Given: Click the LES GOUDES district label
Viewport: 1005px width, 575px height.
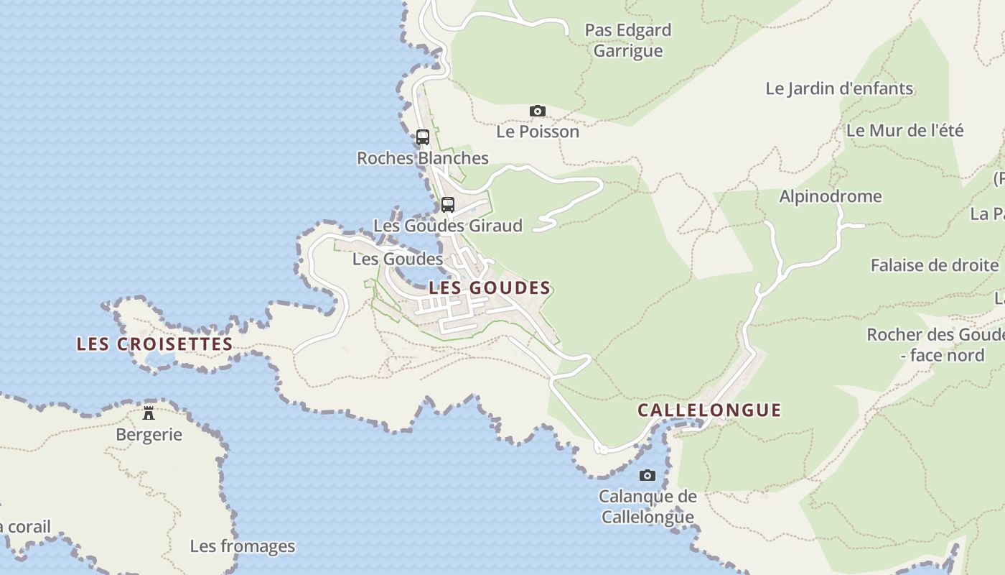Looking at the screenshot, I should [x=490, y=288].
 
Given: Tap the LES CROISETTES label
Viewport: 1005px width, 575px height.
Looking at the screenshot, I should [x=154, y=344].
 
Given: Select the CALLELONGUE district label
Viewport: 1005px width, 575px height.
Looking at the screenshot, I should [x=709, y=410].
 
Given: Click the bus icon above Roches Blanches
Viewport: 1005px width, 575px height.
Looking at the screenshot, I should [x=423, y=137].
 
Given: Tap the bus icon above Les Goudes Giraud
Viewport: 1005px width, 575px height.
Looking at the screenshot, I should [x=448, y=204].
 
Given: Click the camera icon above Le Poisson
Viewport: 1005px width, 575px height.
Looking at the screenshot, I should [x=537, y=111].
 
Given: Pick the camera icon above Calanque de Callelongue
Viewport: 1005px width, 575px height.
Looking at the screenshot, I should [x=648, y=475].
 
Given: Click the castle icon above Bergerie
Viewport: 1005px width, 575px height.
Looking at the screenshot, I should [x=149, y=413].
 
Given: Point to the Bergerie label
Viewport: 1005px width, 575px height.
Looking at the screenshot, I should [x=149, y=435].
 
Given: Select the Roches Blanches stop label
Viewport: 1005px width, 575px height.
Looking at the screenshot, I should [x=423, y=158].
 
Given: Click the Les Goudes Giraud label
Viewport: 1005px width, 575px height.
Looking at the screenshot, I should [x=448, y=226].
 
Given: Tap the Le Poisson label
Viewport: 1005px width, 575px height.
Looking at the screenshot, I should [x=538, y=132].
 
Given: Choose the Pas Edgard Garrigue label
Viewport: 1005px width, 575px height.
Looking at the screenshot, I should [x=628, y=40].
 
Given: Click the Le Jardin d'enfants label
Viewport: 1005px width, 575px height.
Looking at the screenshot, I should [x=839, y=88].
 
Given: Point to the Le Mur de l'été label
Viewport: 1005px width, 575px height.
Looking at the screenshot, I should [x=904, y=131].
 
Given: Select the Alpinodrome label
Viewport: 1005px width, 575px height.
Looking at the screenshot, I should [x=831, y=196].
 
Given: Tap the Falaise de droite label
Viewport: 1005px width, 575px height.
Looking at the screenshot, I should [x=934, y=265].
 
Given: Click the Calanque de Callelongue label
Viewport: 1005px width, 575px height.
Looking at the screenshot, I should [x=648, y=507].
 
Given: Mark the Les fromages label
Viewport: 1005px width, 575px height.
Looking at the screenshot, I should [x=242, y=546].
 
